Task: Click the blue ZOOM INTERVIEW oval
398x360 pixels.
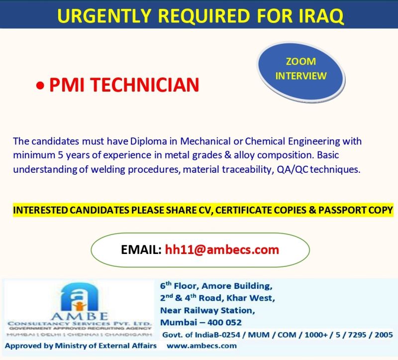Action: tap(301, 72)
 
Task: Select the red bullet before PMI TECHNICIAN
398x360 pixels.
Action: tap(40, 86)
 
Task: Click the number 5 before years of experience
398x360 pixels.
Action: tap(60, 155)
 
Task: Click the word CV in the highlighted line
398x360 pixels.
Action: tap(206, 210)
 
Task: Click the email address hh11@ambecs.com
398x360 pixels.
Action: tap(222, 249)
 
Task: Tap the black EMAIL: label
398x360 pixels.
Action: tap(141, 249)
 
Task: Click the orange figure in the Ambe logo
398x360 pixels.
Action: tap(80, 306)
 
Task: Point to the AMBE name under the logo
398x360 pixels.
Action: tap(80, 316)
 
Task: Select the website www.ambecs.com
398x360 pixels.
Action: tap(202, 346)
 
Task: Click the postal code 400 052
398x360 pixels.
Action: tap(224, 322)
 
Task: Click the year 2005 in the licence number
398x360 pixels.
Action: tap(384, 335)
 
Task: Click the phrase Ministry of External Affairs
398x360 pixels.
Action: tap(105, 346)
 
